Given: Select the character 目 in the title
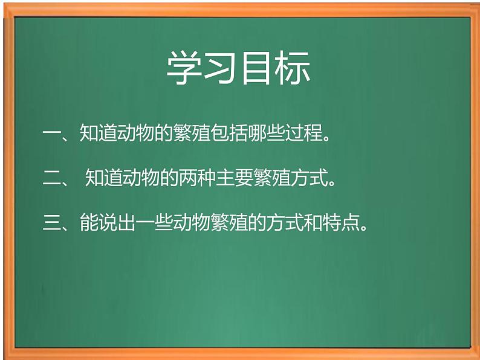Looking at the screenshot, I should [x=256, y=68].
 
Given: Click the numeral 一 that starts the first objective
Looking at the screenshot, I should [x=52, y=133].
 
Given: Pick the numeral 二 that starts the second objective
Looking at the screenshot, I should [x=52, y=178].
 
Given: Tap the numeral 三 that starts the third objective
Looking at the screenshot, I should [x=52, y=223].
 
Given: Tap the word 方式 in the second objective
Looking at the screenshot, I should [x=303, y=178].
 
